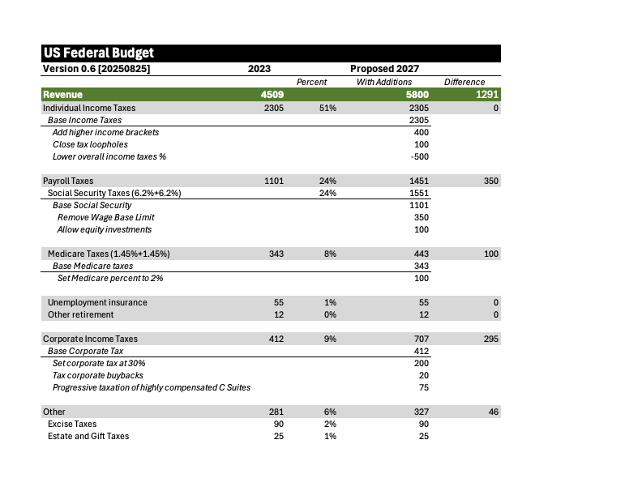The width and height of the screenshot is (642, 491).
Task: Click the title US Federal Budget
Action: [x=98, y=53]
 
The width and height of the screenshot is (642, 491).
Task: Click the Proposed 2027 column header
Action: [x=384, y=69]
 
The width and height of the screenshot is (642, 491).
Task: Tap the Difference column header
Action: [x=464, y=82]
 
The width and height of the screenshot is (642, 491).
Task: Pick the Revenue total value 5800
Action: [x=417, y=95]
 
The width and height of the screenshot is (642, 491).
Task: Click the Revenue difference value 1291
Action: [x=484, y=95]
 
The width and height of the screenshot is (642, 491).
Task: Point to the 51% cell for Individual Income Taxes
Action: [x=327, y=108]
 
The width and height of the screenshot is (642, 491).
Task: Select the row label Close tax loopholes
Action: [x=90, y=144]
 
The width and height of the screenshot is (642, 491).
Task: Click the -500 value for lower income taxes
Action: [x=420, y=156]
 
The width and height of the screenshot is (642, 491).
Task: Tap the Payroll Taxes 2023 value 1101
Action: [x=273, y=181]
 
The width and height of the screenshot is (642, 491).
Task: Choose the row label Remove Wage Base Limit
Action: [x=105, y=217]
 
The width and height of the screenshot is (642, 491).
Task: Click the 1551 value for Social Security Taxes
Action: [x=419, y=193]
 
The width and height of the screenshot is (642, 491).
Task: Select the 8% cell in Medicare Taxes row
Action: [x=329, y=254]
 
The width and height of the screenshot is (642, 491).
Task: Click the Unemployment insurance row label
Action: [x=97, y=302]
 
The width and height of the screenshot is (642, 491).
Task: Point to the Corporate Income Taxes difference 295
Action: [x=490, y=339]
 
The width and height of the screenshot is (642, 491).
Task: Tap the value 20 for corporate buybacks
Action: [x=424, y=375]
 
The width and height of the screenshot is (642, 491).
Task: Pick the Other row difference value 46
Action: [x=493, y=412]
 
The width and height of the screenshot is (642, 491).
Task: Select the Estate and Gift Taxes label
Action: [x=88, y=436]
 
